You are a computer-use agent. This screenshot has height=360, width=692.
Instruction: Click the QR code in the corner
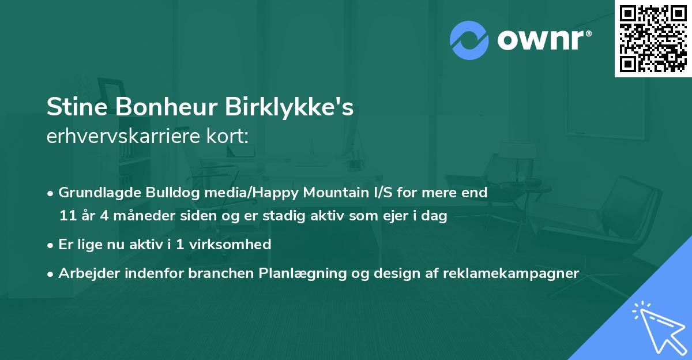click(653, 38)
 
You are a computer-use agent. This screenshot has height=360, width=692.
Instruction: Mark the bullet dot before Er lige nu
click(51, 245)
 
